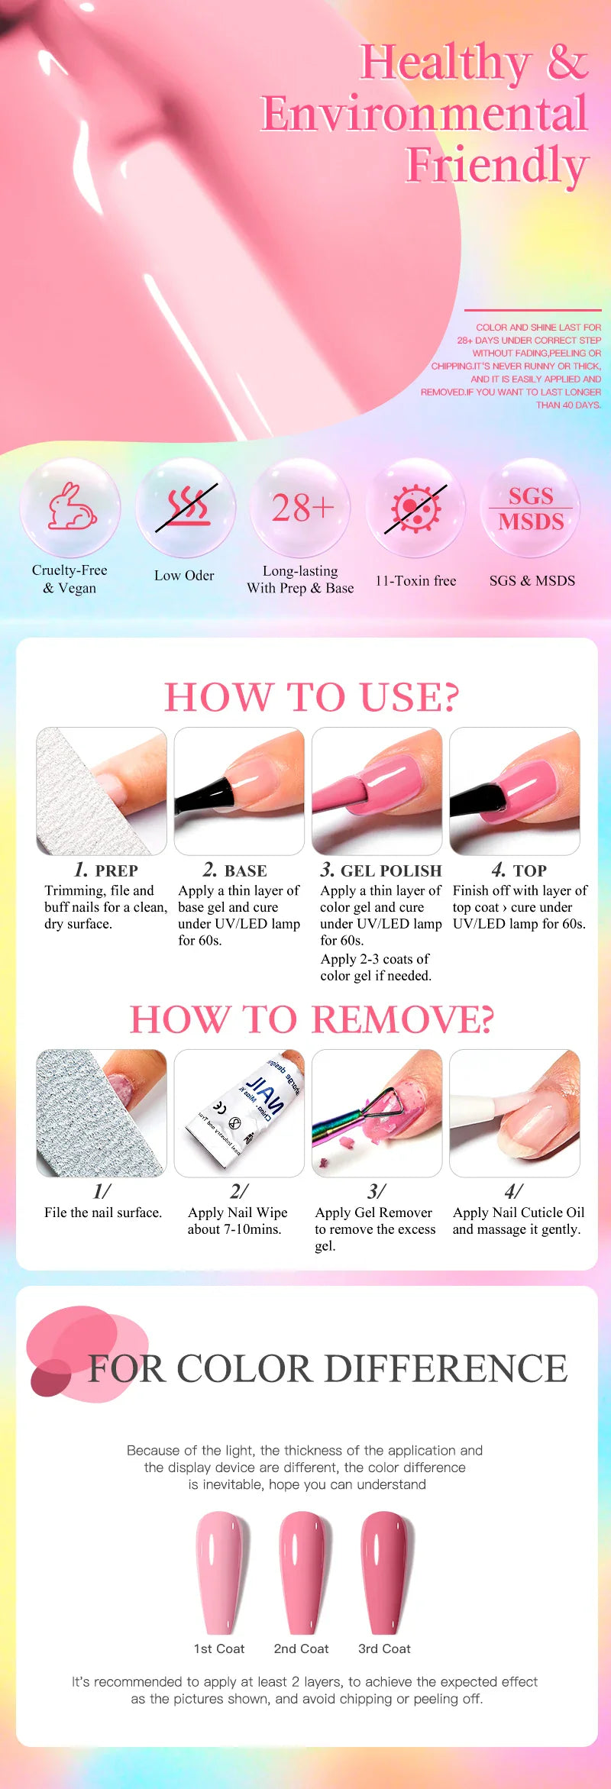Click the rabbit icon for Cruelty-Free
point(71,507)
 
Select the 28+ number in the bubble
point(302,508)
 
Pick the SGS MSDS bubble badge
point(532,509)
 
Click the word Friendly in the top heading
point(496,165)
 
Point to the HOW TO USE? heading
point(312,697)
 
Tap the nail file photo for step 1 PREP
point(102,791)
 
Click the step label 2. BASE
point(235,870)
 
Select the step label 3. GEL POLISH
point(381,870)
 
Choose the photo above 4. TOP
point(515,791)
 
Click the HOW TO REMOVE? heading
point(312,1019)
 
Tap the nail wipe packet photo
point(239,1112)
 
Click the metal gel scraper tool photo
point(377,1112)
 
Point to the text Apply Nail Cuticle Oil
point(519,1213)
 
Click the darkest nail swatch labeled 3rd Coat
point(384,1573)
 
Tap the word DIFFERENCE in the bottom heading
point(441,1368)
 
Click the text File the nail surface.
point(103,1213)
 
